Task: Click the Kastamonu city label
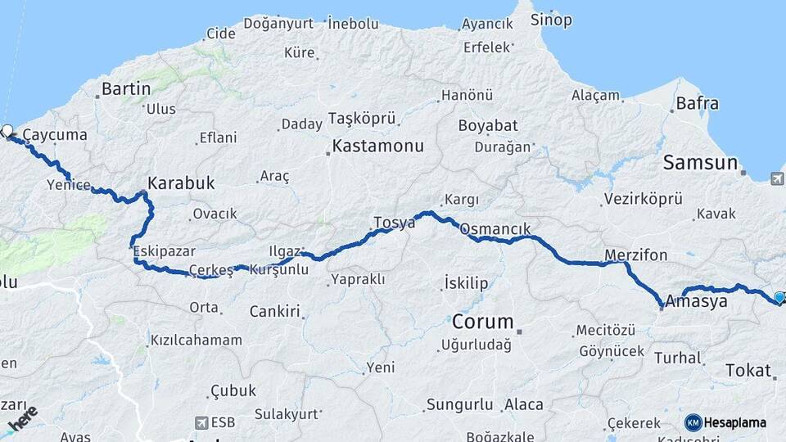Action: coord(377,147)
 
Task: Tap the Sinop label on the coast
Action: coord(551,19)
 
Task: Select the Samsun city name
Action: coord(700,162)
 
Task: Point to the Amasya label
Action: coord(696,301)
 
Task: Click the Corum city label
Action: coord(482,321)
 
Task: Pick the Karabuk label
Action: coord(181,183)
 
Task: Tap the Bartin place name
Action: coord(126,88)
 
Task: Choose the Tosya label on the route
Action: coord(395,222)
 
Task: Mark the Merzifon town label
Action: coord(635,255)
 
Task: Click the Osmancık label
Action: coord(496,229)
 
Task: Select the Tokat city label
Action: coord(748,371)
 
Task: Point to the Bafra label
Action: coord(698,104)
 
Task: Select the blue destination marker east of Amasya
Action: coord(779,297)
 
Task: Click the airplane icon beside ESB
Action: coord(201,422)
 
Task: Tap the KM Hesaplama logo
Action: coord(725,422)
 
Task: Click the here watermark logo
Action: coord(22,417)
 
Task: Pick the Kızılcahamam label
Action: coord(196,340)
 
